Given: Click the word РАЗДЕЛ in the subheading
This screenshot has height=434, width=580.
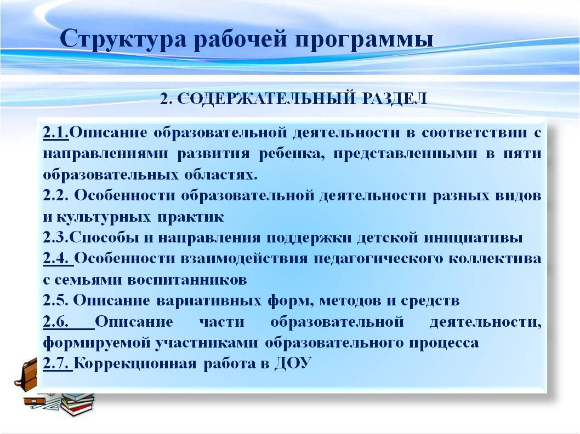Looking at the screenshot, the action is tap(395, 99).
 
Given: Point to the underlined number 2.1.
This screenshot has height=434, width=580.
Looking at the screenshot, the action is tap(56, 132).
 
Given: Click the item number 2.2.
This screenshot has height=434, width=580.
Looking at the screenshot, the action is tap(56, 195).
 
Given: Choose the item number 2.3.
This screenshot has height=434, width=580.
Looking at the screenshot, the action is tap(56, 237).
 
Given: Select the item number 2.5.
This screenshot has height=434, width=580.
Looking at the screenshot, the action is tap(56, 300).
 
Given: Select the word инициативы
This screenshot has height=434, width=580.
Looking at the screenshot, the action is tap(473, 238).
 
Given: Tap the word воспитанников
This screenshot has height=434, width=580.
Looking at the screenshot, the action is tap(187, 280).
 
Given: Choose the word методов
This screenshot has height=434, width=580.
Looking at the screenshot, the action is tap(350, 300).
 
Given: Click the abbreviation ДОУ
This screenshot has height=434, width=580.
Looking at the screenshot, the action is tap(293, 363).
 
